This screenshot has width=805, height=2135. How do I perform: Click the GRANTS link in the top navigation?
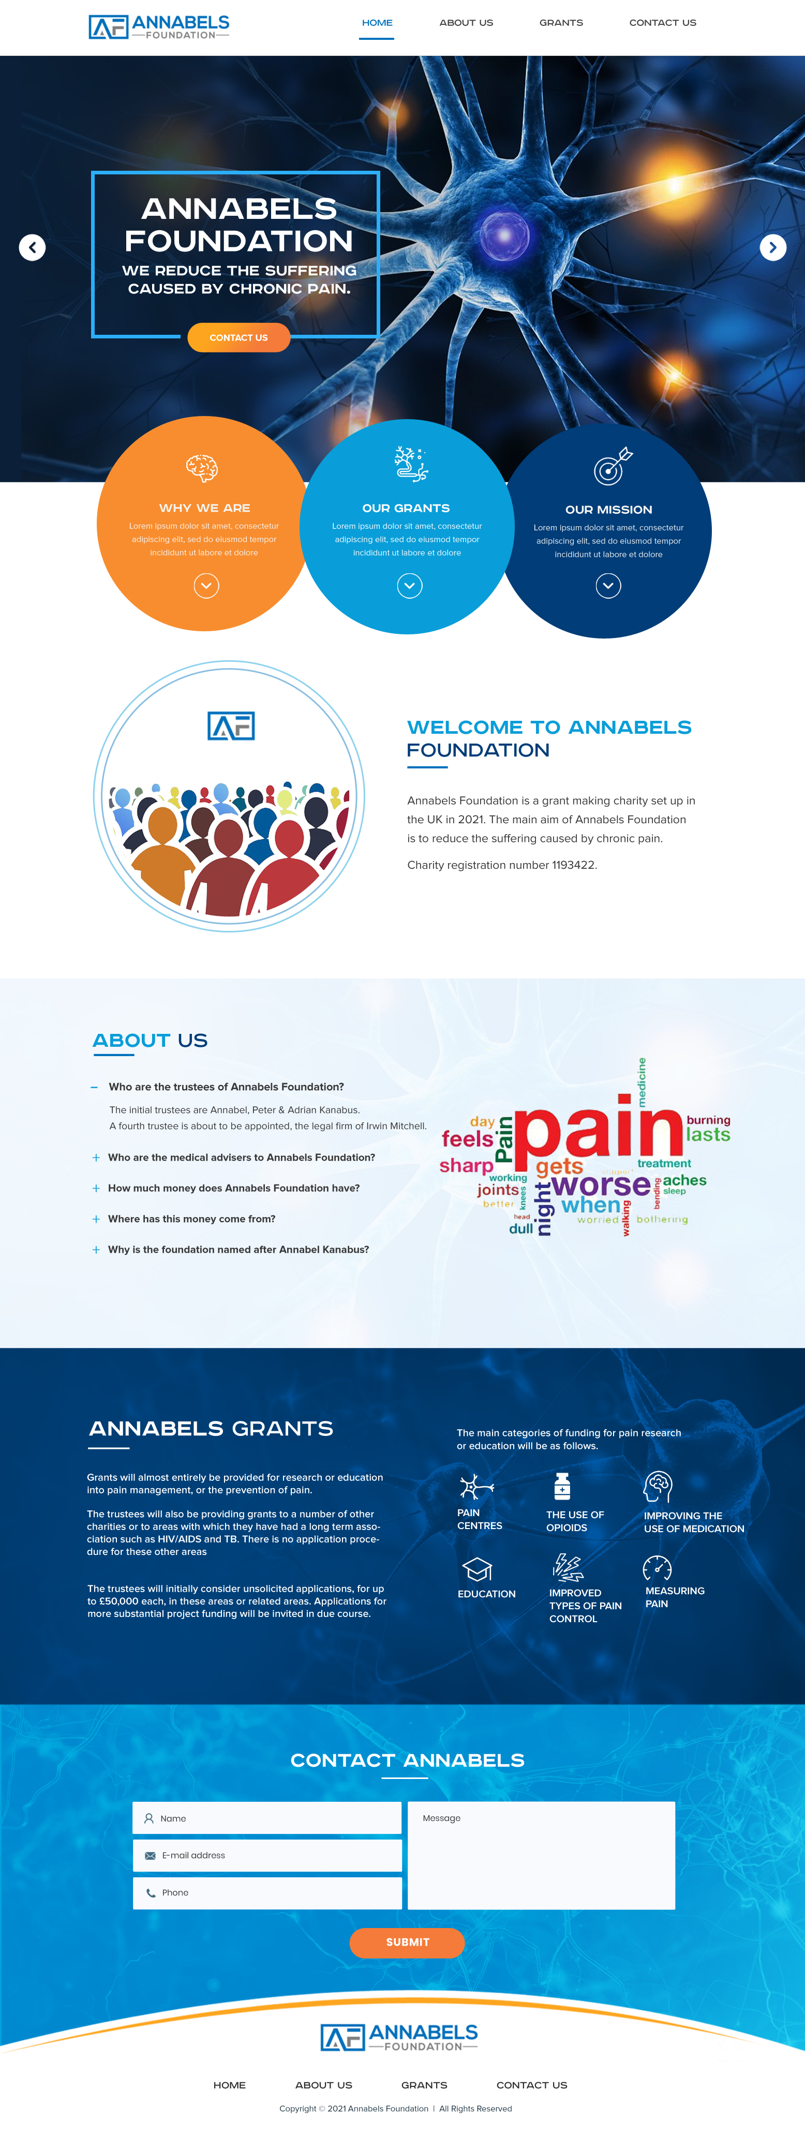click(561, 22)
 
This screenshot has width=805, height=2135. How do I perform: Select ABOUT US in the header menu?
click(466, 22)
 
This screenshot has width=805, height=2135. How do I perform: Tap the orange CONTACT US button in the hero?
click(239, 337)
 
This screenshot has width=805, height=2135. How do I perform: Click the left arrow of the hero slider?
click(32, 247)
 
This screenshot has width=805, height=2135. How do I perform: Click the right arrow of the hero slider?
click(773, 247)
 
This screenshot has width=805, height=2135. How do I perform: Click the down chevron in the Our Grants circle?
click(410, 586)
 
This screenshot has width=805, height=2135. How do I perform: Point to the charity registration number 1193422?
click(574, 865)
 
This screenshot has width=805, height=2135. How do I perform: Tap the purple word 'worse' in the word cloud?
click(602, 1185)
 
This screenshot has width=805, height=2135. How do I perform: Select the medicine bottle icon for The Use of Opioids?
click(562, 1487)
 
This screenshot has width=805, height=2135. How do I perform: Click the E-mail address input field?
click(267, 1856)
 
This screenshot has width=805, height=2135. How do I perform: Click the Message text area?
click(541, 1856)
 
